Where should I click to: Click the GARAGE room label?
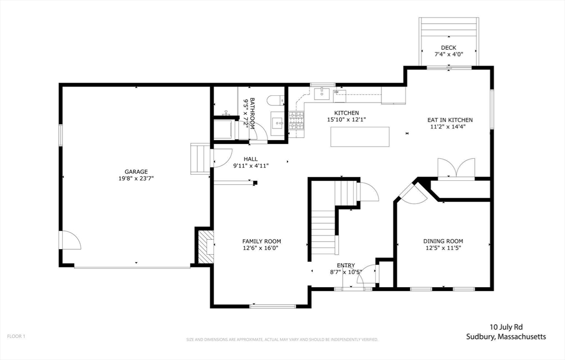136,171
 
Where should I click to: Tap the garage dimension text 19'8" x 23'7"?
136,178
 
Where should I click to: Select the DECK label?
449,47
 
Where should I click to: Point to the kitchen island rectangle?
360,136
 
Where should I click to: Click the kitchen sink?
322,94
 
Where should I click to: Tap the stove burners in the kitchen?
296,121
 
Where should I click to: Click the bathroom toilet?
277,100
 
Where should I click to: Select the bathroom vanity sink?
278,123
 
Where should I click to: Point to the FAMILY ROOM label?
262,241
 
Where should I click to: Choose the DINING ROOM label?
443,241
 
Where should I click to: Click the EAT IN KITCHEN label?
450,120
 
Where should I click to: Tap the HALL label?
251,159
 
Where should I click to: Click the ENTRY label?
346,265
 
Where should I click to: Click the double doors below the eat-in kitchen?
456,168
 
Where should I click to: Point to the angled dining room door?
413,195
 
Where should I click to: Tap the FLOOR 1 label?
16,337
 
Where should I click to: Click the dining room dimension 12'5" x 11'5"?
443,248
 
